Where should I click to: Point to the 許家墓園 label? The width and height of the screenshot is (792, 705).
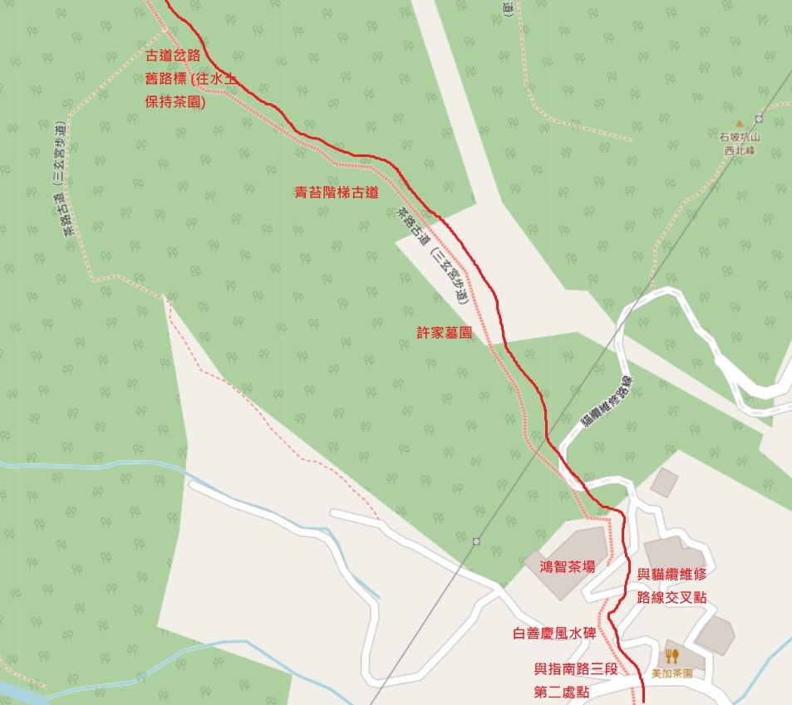coord(445,332)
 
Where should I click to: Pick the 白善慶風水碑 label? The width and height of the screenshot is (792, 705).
coord(554,634)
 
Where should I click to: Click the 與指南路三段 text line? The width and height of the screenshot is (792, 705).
coord(574,668)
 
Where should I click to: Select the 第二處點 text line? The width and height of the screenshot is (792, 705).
coord(574,690)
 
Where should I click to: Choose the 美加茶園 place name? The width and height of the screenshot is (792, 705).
coord(671,673)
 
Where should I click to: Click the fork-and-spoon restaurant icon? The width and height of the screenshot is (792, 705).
coord(671,656)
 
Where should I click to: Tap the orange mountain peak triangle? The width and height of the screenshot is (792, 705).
coord(740,125)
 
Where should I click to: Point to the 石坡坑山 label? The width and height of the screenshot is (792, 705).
coord(740,139)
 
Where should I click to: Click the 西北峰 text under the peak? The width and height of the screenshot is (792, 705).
coord(740,151)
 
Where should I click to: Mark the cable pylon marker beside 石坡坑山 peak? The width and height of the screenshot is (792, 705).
coord(759,119)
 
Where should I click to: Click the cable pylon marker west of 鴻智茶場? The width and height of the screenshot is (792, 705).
coord(476,541)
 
